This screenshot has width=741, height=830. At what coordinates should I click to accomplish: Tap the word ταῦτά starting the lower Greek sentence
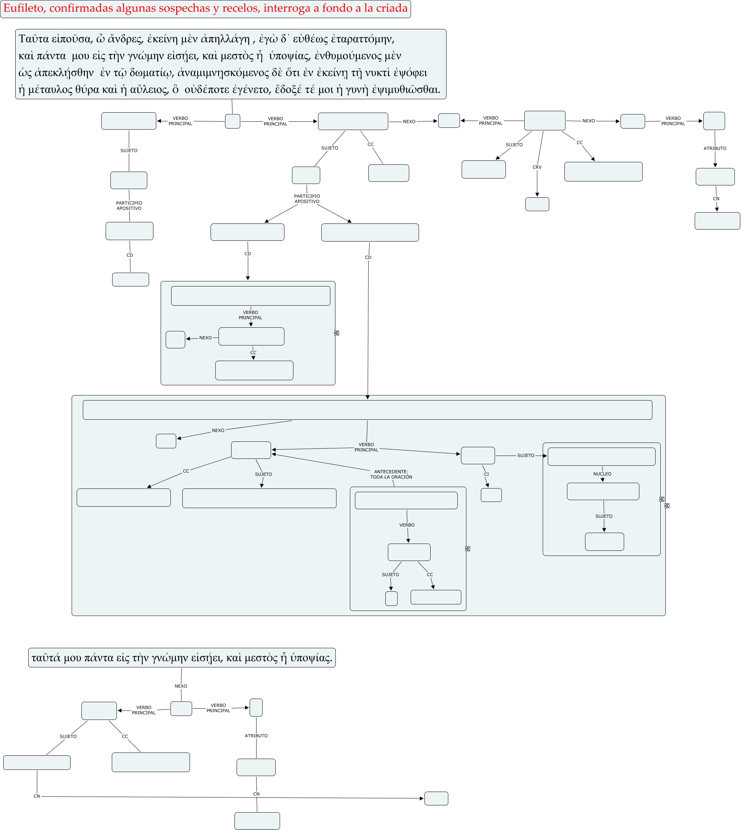(46, 658)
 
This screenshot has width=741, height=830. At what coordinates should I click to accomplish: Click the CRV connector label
(537, 167)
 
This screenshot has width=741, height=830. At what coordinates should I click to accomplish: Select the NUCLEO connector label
(602, 474)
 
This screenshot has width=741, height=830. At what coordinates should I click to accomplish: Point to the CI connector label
(486, 474)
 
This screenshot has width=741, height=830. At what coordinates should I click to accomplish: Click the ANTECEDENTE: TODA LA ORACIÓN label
(391, 474)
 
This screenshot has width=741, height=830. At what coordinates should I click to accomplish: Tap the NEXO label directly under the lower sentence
(181, 686)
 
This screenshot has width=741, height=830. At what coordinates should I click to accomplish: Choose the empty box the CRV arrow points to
(537, 204)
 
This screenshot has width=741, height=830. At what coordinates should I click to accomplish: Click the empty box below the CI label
(491, 495)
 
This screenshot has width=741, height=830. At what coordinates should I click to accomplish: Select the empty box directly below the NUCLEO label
(603, 491)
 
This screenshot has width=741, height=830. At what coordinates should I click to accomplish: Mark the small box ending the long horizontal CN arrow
(436, 798)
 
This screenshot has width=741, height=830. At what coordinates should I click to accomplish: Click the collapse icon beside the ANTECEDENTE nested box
(468, 549)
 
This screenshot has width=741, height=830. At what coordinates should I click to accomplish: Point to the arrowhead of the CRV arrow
(537, 195)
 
